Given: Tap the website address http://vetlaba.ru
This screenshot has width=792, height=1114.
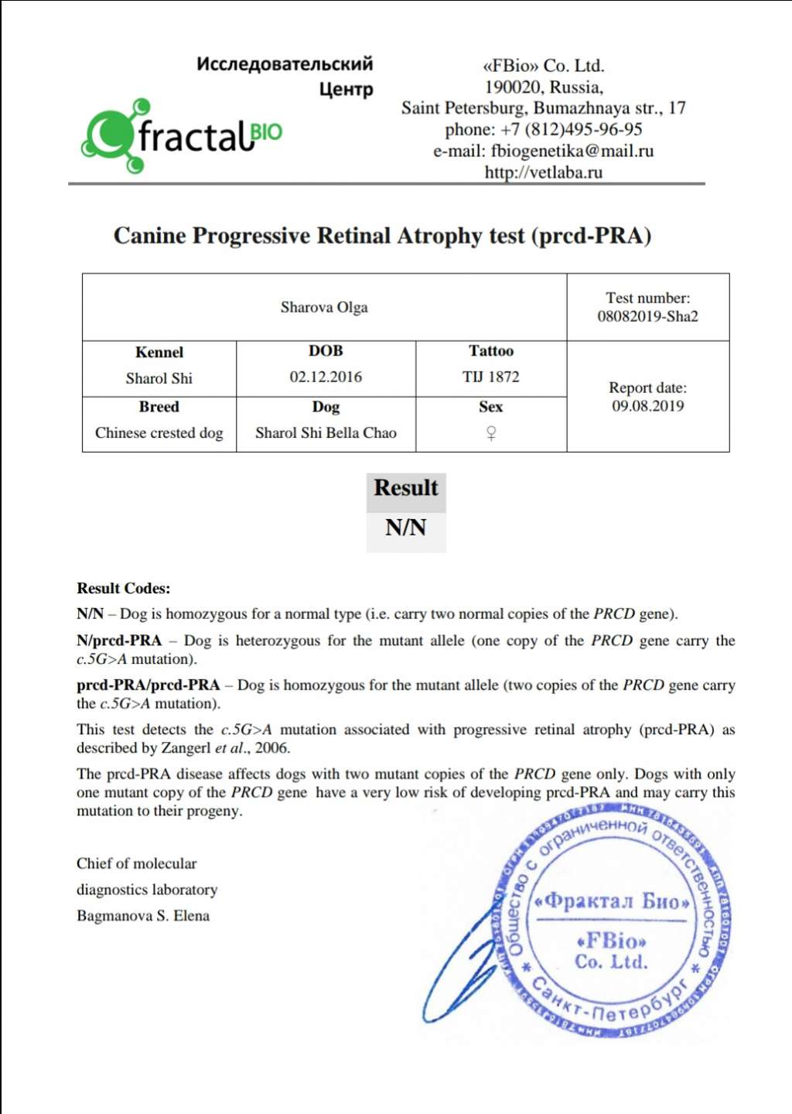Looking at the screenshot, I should point(543,173).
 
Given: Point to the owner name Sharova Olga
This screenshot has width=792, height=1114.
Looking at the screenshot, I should point(324,307).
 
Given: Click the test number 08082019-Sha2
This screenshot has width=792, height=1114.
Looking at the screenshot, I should point(647,316).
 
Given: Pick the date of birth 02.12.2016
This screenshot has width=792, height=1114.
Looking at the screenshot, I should point(326,377).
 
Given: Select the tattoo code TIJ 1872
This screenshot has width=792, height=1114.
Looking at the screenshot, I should point(490,377).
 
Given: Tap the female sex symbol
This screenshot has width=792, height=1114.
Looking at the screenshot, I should point(490,433).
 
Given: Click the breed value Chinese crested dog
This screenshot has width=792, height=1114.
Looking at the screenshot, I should point(159,433).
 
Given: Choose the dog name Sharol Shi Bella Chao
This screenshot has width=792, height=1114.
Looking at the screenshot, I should point(326,433).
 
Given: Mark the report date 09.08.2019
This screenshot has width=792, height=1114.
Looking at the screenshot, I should point(647,406).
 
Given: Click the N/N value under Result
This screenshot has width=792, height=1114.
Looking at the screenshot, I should point(405,528).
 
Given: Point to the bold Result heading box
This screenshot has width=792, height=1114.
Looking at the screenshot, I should point(405,488).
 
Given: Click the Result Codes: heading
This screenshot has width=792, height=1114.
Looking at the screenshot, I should point(123,589).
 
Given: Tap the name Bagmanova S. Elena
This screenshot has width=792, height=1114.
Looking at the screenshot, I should point(143,916).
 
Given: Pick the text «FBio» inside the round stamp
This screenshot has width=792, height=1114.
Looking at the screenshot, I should point(611,941).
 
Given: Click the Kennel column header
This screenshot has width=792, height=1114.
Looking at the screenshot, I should point(159,353).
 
